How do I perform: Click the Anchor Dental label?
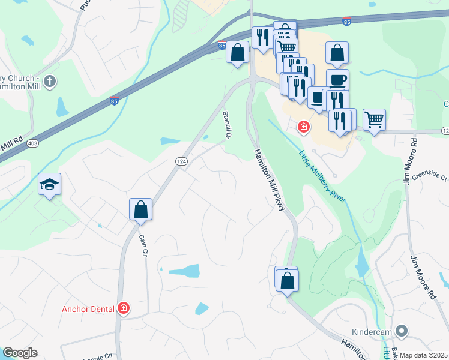click(x=90, y=310)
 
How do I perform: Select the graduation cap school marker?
click(x=49, y=185)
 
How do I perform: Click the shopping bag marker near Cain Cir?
click(x=140, y=211)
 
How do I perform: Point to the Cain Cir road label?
click(x=144, y=245)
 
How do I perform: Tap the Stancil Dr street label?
click(x=228, y=124)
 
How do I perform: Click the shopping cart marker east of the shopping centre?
click(x=374, y=120)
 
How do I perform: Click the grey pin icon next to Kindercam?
click(x=403, y=331)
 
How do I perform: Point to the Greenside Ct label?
click(x=427, y=177)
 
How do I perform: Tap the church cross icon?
click(x=50, y=81)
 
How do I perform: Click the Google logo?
click(x=20, y=353)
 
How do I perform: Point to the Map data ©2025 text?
click(x=423, y=355)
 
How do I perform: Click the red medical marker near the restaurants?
click(x=304, y=127)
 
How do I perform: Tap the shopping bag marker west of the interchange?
click(x=238, y=52)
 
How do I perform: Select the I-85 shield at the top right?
click(x=346, y=22)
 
